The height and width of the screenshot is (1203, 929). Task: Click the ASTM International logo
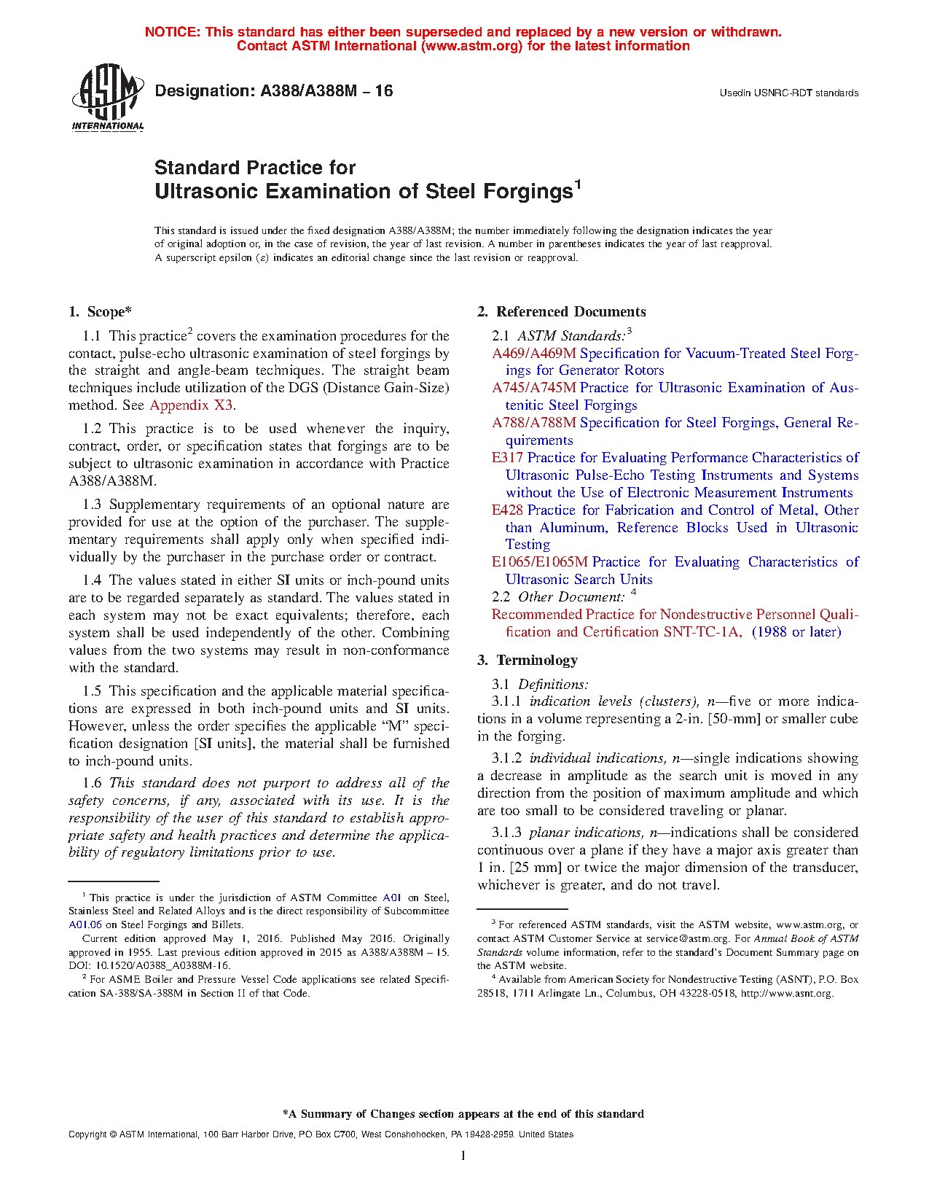pyautogui.click(x=108, y=97)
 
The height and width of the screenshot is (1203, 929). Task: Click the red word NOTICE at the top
pyautogui.click(x=172, y=32)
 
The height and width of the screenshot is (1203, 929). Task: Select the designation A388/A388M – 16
pyautogui.click(x=274, y=91)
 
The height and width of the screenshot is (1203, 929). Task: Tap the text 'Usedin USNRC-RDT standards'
pyautogui.click(x=789, y=93)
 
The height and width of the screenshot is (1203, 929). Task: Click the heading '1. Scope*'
pyautogui.click(x=101, y=312)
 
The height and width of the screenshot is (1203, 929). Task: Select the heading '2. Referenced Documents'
pyautogui.click(x=562, y=312)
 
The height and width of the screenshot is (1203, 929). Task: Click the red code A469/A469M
pyautogui.click(x=533, y=354)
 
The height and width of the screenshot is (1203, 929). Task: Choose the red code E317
pyautogui.click(x=507, y=458)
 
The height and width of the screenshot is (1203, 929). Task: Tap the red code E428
pyautogui.click(x=507, y=510)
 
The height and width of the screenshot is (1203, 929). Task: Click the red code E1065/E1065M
pyautogui.click(x=539, y=562)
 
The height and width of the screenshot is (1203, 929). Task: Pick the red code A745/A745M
pyautogui.click(x=533, y=388)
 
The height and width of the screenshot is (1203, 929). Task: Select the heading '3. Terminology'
pyautogui.click(x=528, y=661)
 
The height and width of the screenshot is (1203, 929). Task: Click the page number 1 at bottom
pyautogui.click(x=463, y=1155)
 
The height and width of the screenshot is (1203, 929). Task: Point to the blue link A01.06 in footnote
pyautogui.click(x=85, y=925)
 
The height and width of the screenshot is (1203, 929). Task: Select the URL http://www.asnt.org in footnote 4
pyautogui.click(x=787, y=993)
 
